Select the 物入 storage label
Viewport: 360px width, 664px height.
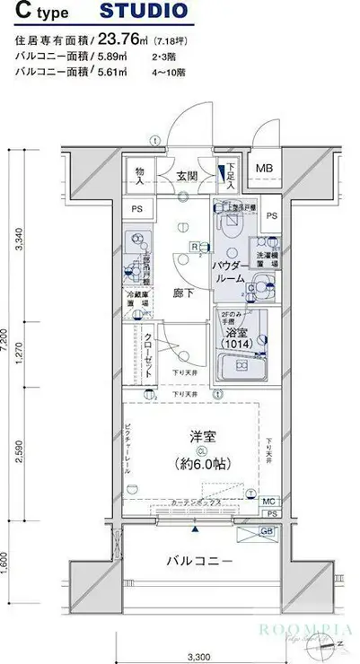point(139,175)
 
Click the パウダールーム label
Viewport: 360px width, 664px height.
point(229,274)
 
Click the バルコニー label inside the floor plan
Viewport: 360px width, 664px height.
point(199,562)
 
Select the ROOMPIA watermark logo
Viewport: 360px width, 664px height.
point(299,630)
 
